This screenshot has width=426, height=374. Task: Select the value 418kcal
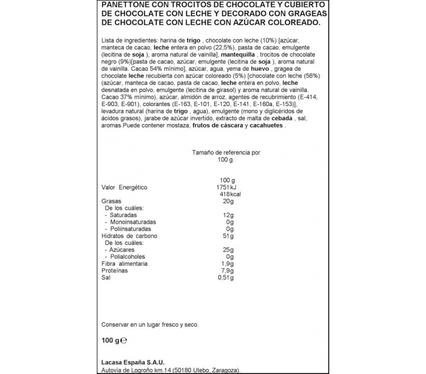(223, 194)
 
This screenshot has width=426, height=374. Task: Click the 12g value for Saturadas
(229, 215)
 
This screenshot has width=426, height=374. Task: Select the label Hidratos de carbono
(125, 236)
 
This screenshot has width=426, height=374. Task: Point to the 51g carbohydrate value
(229, 236)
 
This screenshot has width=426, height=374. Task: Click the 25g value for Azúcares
(229, 250)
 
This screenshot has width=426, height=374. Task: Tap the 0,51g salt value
(226, 278)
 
